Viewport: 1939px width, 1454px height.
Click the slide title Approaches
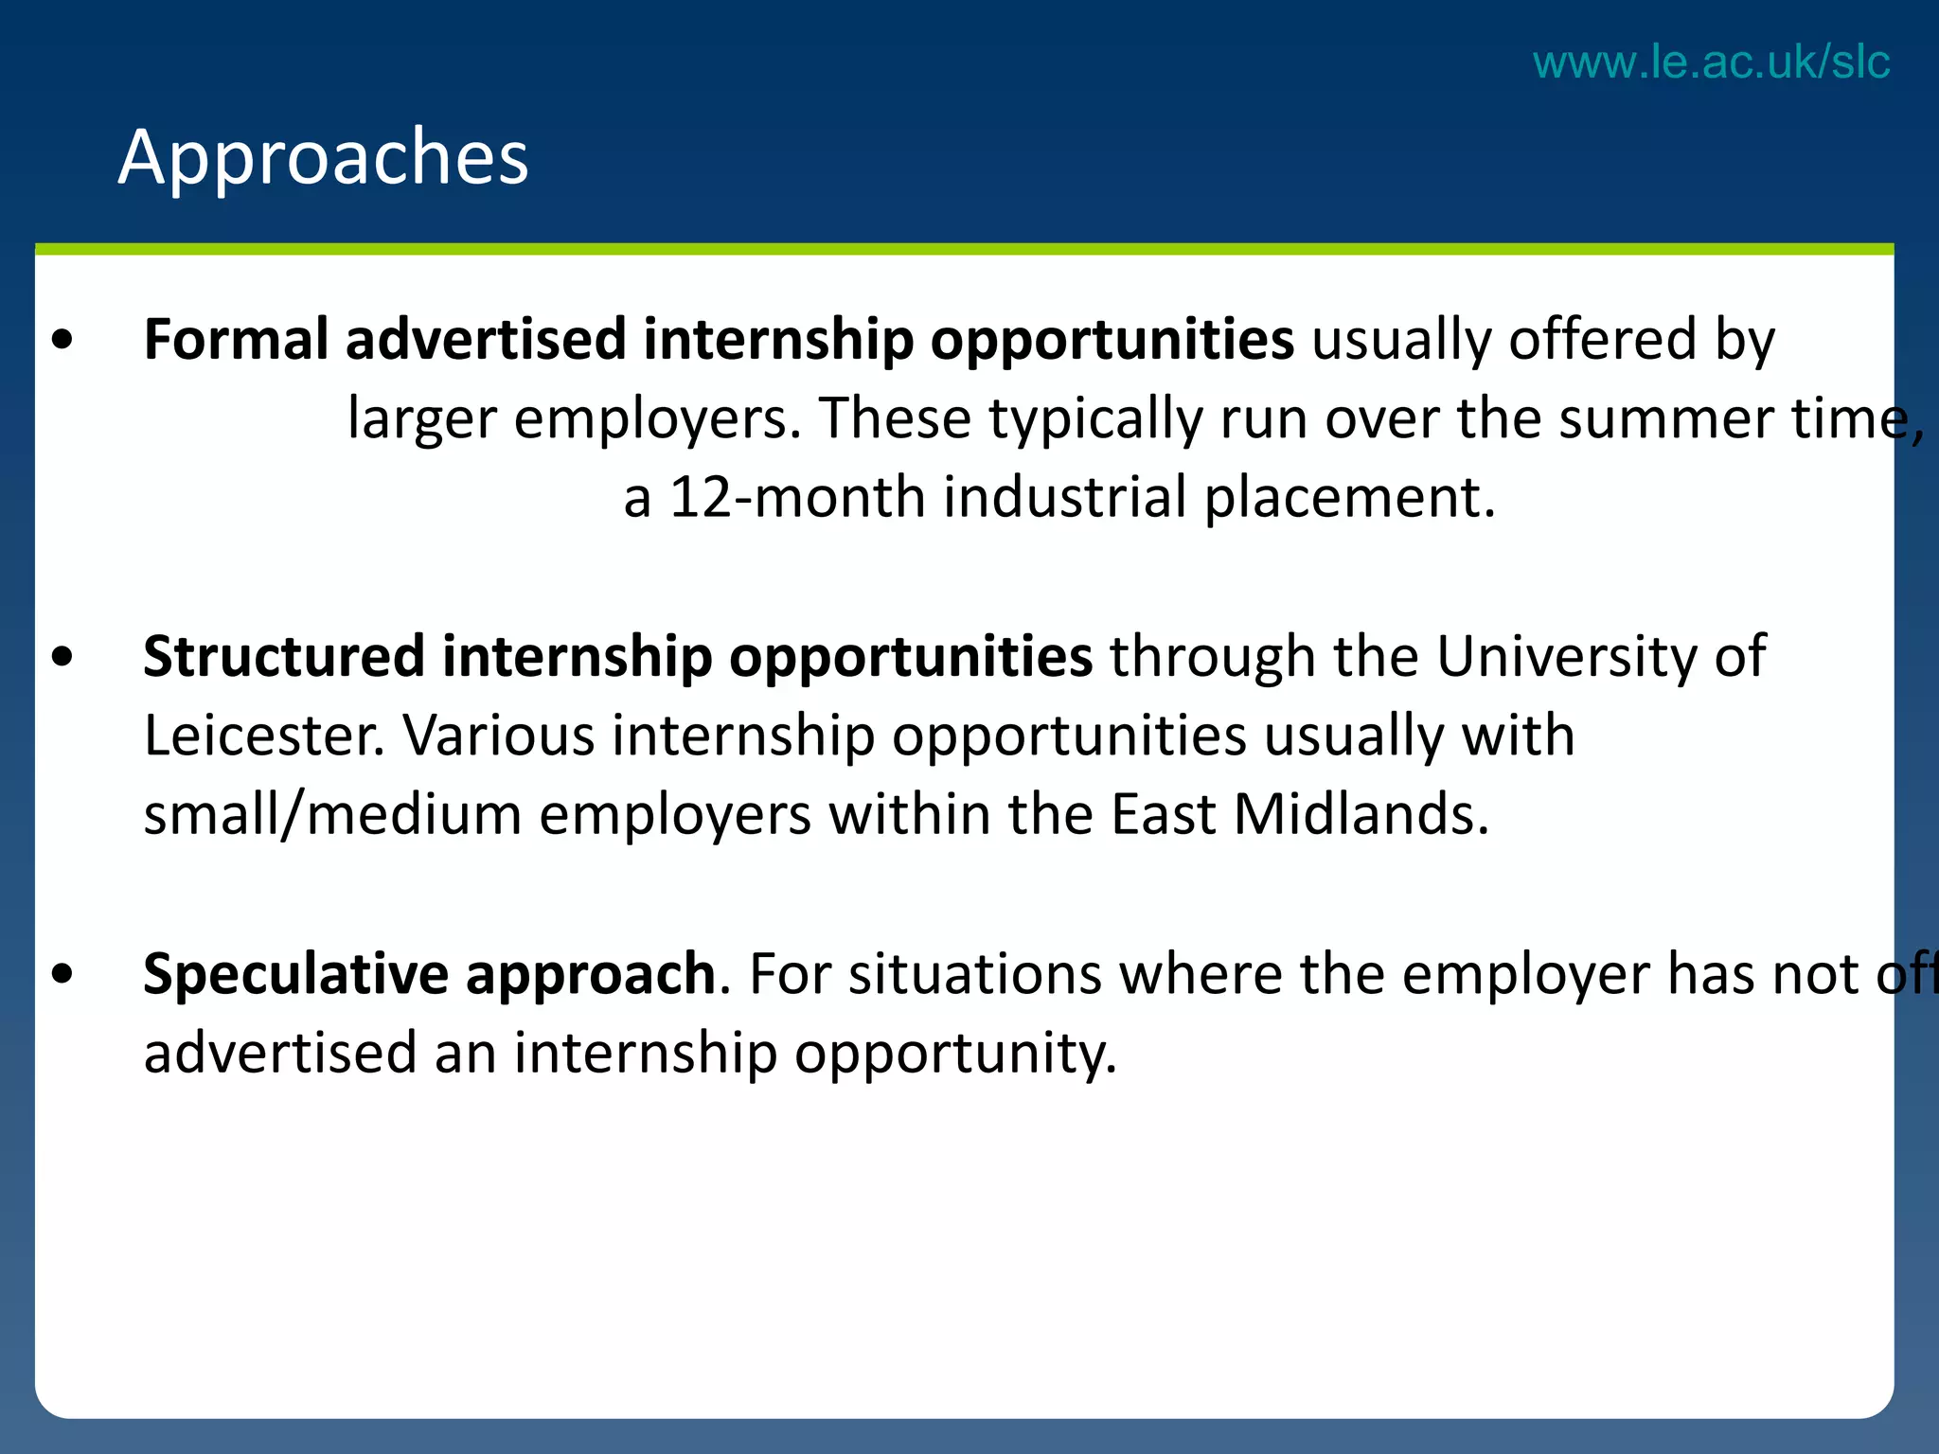[x=323, y=157]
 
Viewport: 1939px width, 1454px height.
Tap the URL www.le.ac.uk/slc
[x=1711, y=62]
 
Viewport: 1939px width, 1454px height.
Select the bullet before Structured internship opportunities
[x=63, y=656]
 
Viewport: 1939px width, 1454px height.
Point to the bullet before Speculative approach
[x=63, y=973]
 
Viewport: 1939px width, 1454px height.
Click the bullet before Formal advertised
[x=63, y=339]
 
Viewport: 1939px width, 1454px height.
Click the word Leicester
[x=264, y=736]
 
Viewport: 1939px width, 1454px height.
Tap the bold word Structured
[x=284, y=656]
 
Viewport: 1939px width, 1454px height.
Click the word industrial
[x=1064, y=497]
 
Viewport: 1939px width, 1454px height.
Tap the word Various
[x=499, y=736]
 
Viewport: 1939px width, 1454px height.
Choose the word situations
[x=974, y=973]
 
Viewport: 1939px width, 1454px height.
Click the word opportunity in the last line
[x=955, y=1055]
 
